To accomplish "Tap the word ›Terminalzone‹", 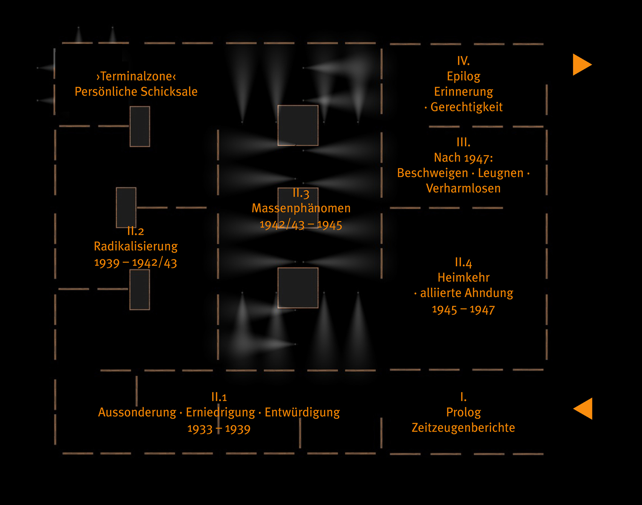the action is pyautogui.click(x=136, y=76).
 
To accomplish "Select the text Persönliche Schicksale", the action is pyautogui.click(x=136, y=92).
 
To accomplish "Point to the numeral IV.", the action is pyautogui.click(x=463, y=61).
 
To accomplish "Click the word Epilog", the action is pyautogui.click(x=463, y=77).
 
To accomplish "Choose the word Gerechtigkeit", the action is pyautogui.click(x=467, y=107).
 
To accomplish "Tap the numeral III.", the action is pyautogui.click(x=463, y=142).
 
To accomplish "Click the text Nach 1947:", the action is pyautogui.click(x=463, y=158).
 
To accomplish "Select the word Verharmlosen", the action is pyautogui.click(x=463, y=188).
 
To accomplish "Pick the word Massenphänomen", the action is pyautogui.click(x=301, y=208).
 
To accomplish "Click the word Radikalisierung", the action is pyautogui.click(x=136, y=246).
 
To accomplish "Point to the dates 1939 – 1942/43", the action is pyautogui.click(x=136, y=263).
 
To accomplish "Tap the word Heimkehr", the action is pyautogui.click(x=463, y=278).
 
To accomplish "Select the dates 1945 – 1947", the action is pyautogui.click(x=463, y=310).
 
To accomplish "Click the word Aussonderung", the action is pyautogui.click(x=137, y=413).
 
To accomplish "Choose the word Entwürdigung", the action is pyautogui.click(x=302, y=413).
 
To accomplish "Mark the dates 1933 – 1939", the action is pyautogui.click(x=219, y=429).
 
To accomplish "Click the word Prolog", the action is pyautogui.click(x=463, y=413).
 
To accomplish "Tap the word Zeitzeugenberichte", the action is pyautogui.click(x=463, y=428).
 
